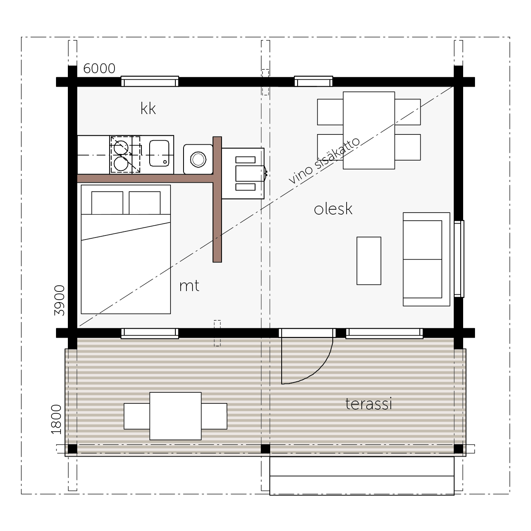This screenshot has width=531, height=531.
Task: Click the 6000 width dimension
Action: [x=99, y=69]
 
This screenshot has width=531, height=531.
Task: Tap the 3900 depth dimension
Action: [x=60, y=300]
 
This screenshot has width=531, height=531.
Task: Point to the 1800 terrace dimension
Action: [x=56, y=419]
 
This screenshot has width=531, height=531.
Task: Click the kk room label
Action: [x=148, y=108]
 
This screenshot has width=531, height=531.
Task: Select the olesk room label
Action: [x=333, y=208]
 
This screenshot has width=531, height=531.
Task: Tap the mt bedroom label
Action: [x=189, y=286]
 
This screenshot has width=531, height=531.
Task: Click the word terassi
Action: [x=369, y=404]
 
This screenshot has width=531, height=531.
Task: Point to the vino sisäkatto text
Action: [x=324, y=161]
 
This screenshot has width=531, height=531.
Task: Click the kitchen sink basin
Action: [x=159, y=153]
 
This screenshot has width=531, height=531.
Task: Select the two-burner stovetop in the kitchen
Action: [x=125, y=155]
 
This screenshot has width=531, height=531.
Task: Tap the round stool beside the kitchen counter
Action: [x=198, y=159]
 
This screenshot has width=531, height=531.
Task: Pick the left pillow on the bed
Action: [x=107, y=203]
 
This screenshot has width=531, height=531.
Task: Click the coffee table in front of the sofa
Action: [x=369, y=261]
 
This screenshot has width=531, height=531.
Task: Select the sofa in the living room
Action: [x=427, y=259]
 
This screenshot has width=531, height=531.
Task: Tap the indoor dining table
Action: [x=369, y=130]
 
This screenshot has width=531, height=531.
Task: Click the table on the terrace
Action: [x=175, y=416]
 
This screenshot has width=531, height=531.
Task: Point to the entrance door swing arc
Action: [x=317, y=369]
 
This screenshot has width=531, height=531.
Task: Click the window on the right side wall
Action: [x=459, y=259]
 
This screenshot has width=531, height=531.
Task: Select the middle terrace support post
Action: [x=265, y=449]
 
